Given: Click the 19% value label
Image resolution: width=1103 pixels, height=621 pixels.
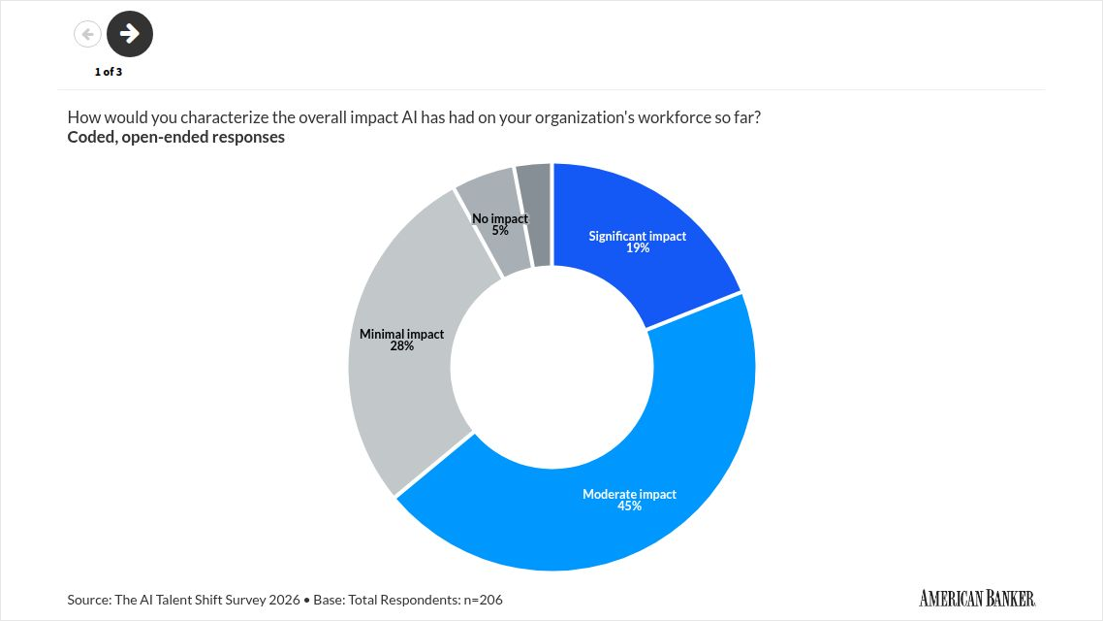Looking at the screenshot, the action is [x=638, y=248].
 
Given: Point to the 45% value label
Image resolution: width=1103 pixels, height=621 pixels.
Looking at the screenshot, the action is [x=630, y=507].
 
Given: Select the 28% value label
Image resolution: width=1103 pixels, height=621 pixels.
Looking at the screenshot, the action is [x=401, y=345].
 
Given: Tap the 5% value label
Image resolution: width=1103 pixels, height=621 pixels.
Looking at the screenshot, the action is [x=500, y=231].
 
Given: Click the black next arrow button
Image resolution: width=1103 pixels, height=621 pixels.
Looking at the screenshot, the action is [x=130, y=34].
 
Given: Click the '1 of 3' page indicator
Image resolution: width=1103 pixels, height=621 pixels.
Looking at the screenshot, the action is [x=109, y=72].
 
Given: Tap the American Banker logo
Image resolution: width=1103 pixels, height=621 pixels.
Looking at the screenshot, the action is [x=977, y=599].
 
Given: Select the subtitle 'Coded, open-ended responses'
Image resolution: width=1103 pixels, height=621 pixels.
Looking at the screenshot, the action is [x=175, y=137].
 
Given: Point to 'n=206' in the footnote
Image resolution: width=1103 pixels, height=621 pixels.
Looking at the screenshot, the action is [x=483, y=600].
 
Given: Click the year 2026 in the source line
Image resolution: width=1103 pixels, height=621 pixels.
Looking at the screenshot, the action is [x=284, y=600].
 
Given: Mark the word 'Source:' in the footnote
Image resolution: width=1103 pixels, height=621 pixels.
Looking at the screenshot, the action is [x=89, y=600].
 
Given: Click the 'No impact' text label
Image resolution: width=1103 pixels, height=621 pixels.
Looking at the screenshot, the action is [x=500, y=219].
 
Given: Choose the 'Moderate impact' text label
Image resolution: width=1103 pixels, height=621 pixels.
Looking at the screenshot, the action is [x=630, y=494].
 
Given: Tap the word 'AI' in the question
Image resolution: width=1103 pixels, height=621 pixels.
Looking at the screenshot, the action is [x=409, y=117].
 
